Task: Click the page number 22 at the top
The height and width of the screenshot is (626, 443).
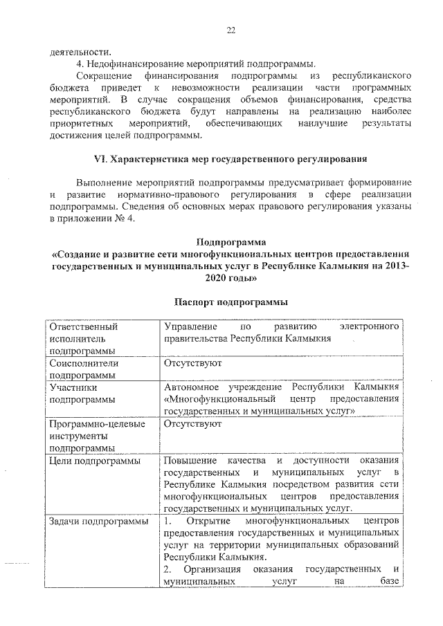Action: tap(231, 28)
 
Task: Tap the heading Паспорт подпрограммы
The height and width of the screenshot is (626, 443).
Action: tap(230, 302)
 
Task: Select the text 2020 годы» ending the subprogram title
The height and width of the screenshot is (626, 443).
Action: tap(230, 278)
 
